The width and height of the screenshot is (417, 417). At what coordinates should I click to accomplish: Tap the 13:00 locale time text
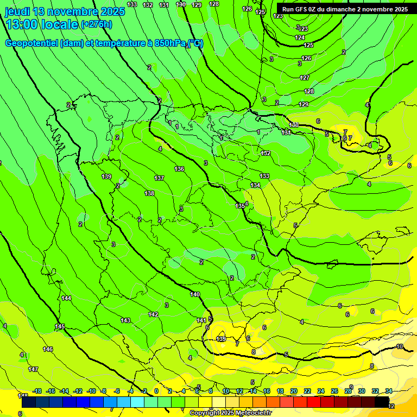(41, 24)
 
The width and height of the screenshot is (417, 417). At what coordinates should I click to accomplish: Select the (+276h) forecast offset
(96, 24)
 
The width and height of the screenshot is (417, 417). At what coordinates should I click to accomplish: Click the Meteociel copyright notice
(230, 413)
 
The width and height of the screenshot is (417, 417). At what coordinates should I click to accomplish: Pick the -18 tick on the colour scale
(37, 391)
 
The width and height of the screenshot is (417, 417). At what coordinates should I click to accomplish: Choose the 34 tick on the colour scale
(389, 391)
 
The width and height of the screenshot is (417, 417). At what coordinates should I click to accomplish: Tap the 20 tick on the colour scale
(294, 391)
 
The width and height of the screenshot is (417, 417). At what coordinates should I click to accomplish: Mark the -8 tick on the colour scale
(105, 391)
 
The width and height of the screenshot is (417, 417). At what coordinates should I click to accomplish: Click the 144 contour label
(66, 298)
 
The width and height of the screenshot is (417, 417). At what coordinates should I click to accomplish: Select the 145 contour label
(60, 326)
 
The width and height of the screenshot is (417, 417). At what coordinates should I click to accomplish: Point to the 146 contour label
(48, 349)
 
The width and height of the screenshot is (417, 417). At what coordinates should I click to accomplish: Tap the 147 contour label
(34, 369)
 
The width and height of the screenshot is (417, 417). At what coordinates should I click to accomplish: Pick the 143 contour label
(125, 320)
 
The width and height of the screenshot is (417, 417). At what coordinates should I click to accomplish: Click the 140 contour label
(195, 294)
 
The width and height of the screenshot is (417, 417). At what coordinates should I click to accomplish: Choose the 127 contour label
(305, 78)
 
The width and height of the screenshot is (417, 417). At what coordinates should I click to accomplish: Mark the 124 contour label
(300, 37)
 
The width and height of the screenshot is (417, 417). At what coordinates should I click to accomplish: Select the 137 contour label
(159, 178)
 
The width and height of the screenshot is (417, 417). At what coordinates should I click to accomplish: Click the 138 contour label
(149, 193)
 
